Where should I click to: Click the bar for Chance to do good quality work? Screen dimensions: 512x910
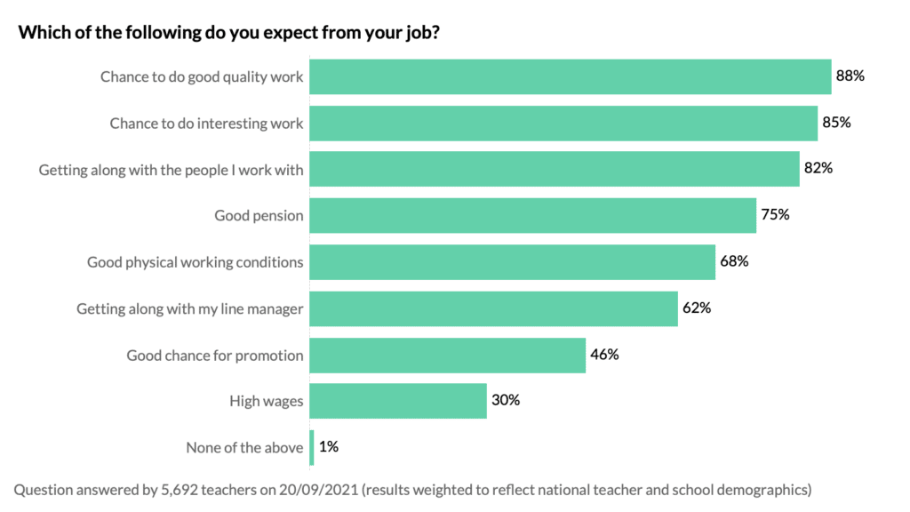(x=570, y=76)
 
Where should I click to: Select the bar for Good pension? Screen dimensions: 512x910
(x=532, y=215)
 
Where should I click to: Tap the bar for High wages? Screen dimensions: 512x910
(x=398, y=401)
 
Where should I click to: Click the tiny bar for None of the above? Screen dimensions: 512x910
(x=311, y=447)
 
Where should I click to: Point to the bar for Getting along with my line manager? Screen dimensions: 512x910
(x=493, y=308)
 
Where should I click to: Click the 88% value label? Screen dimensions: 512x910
(x=850, y=76)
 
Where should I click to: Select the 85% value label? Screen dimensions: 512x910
(x=836, y=123)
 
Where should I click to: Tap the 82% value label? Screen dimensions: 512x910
(x=818, y=169)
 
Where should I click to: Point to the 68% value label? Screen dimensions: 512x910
(x=734, y=262)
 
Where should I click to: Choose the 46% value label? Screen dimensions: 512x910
(x=603, y=355)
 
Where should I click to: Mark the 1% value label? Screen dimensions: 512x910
(x=328, y=447)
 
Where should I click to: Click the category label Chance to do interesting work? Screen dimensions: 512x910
(x=206, y=124)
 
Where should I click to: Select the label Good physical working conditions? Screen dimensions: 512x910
(x=195, y=262)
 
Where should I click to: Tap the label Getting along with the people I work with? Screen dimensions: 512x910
(x=171, y=170)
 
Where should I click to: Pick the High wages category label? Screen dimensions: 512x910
(x=266, y=402)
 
